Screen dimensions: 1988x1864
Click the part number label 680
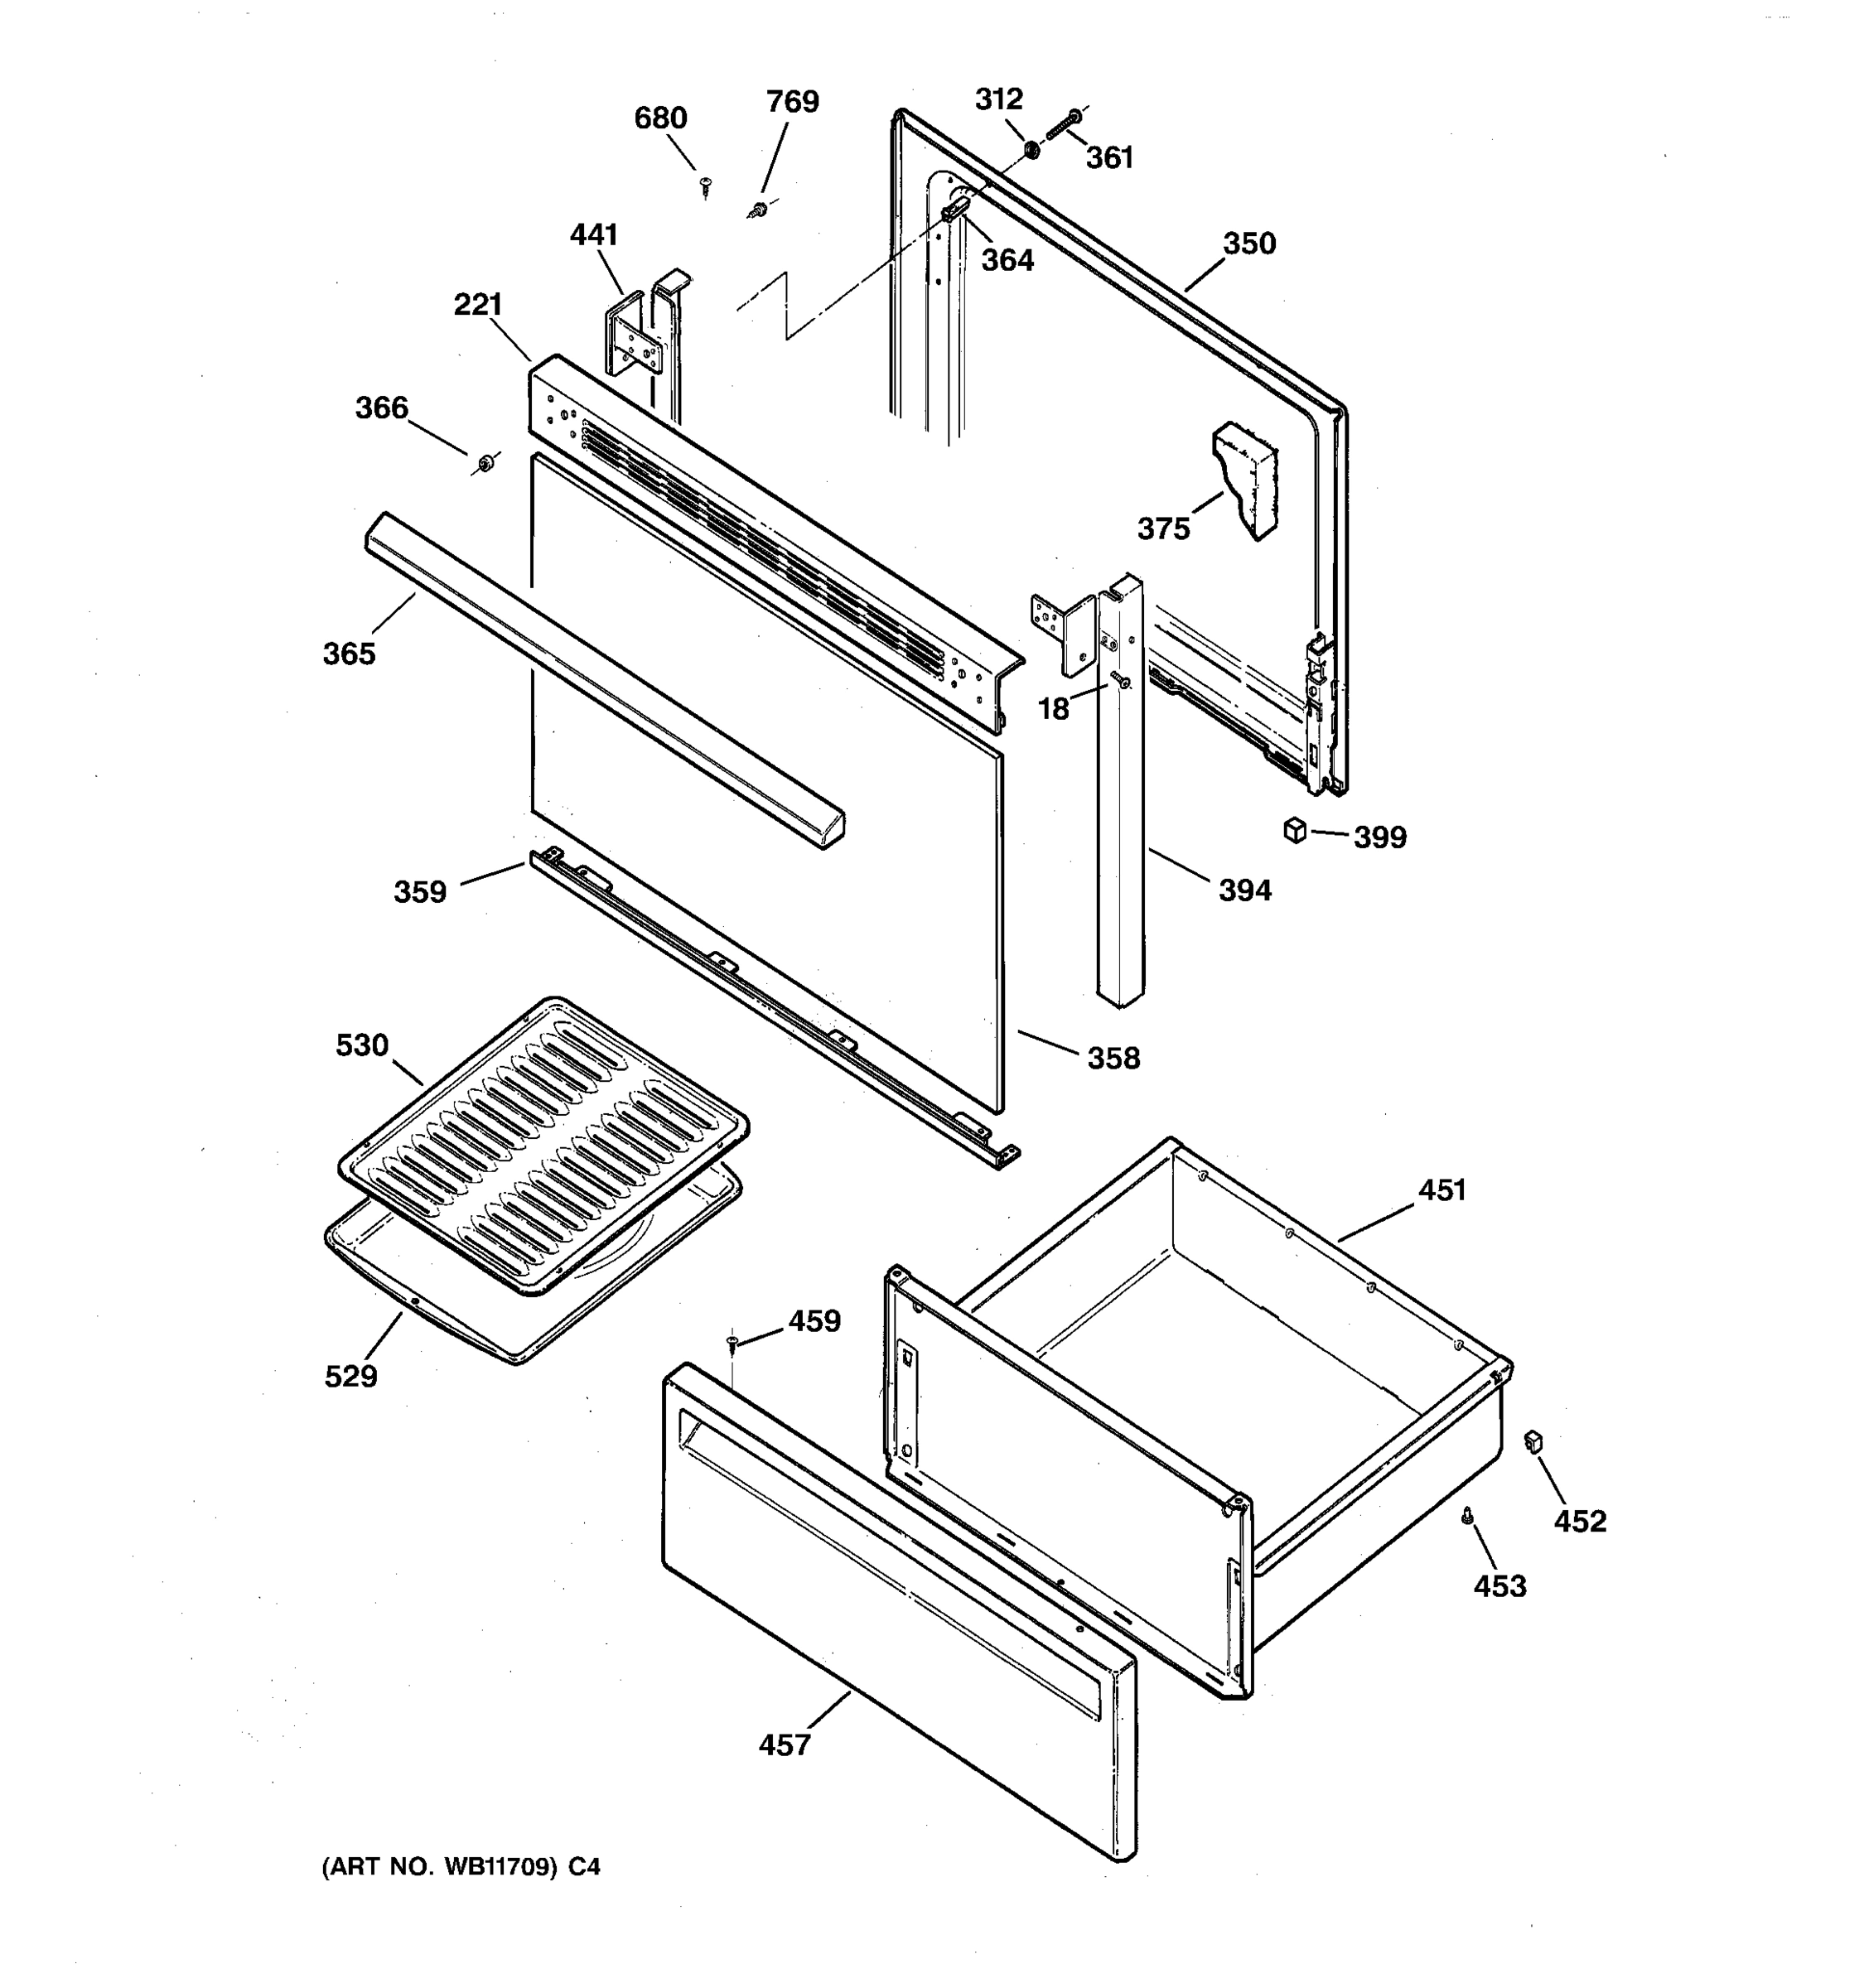click(x=660, y=118)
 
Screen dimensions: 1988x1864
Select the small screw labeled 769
click(x=758, y=210)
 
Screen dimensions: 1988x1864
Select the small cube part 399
click(x=1295, y=830)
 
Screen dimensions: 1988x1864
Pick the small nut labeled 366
click(x=485, y=464)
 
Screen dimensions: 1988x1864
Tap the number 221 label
click(x=477, y=304)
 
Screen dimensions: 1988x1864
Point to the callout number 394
click(x=1244, y=889)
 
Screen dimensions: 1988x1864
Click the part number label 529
click(x=351, y=1376)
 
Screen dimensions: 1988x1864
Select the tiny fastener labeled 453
click(x=1467, y=1517)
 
